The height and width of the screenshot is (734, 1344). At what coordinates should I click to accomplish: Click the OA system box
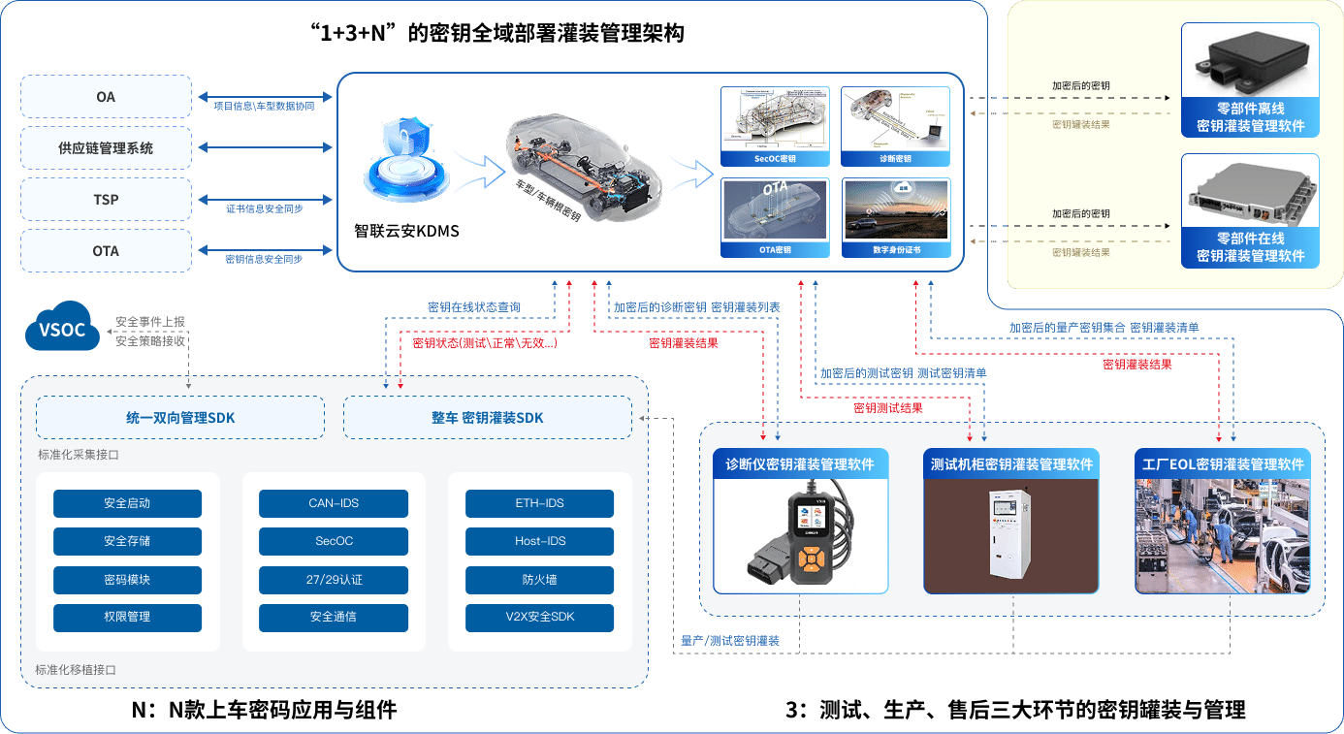(106, 97)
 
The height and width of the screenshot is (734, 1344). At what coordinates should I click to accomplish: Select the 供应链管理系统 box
(106, 148)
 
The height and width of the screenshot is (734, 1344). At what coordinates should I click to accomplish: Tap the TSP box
(106, 200)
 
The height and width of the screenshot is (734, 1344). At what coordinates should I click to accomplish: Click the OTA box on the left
(106, 251)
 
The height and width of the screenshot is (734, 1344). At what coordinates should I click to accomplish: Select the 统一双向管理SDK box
(180, 418)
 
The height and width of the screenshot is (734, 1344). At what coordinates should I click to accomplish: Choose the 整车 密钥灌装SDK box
(488, 418)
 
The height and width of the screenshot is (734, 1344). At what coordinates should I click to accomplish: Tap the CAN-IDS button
(334, 503)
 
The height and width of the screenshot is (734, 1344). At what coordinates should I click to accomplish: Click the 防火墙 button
(539, 580)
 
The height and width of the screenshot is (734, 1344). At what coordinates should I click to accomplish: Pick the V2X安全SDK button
(539, 618)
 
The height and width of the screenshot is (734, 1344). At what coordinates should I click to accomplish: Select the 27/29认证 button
(334, 580)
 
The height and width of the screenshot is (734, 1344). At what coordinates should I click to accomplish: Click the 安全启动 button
(127, 503)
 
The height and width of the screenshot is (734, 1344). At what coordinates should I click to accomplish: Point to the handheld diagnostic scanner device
(802, 539)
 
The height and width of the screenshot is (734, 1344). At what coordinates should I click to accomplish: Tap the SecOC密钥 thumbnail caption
(775, 158)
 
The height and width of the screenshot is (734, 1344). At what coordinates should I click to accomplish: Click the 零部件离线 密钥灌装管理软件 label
(1250, 117)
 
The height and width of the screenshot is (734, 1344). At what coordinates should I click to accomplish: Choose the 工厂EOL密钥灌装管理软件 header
(1222, 464)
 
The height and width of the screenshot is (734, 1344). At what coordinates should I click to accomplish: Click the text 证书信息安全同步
(264, 208)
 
